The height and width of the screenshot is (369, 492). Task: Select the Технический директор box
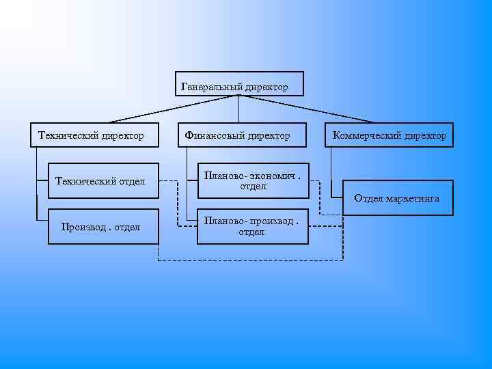(x=95, y=135)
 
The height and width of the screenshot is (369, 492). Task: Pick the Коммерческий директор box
(x=389, y=135)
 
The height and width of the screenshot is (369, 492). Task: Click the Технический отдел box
(x=103, y=180)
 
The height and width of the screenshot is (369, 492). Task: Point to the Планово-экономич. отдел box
(x=252, y=180)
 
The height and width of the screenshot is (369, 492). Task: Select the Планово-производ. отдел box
(x=252, y=226)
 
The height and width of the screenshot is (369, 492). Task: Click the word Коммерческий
(x=366, y=136)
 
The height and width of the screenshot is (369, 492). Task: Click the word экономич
(x=275, y=176)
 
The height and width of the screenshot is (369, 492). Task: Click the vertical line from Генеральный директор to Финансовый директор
(x=238, y=109)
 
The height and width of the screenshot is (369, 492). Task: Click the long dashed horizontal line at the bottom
(x=250, y=260)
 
